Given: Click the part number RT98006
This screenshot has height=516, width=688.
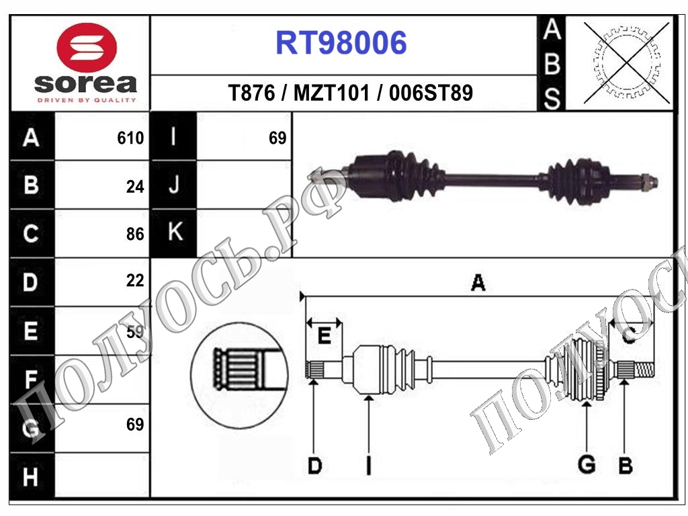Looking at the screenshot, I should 341,44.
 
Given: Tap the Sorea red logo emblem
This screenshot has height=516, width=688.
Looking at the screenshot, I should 87,47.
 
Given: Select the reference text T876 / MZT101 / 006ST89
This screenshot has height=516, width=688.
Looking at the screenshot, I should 351,93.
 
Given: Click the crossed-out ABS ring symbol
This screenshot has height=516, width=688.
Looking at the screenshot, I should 626,63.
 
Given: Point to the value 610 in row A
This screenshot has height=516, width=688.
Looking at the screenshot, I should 130,138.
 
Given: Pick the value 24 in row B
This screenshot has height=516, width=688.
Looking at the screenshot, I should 135,187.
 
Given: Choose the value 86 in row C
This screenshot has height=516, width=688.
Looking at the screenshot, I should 135,234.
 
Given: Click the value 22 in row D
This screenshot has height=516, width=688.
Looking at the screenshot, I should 135,281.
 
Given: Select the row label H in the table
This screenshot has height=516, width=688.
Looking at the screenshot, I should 31,477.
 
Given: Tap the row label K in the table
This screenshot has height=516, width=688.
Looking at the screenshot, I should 175,232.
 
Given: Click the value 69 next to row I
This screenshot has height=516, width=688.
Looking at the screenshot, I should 277,138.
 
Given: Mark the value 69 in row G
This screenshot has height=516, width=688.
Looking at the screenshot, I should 135,425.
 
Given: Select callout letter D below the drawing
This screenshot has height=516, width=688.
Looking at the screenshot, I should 314,465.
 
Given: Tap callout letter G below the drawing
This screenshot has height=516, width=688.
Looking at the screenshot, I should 587,464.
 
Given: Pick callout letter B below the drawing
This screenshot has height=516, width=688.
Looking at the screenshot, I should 626,465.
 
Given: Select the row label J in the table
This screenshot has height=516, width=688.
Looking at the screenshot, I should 174,185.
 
